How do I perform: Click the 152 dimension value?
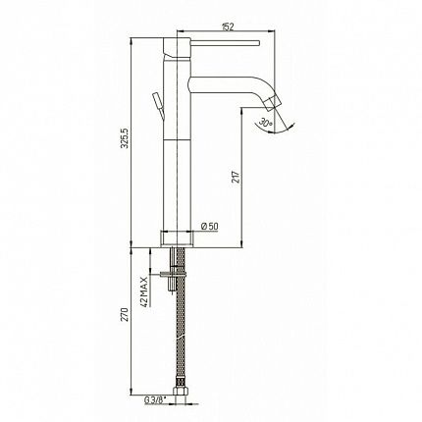[228, 26]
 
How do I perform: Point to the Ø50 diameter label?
[210, 226]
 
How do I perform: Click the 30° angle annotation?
[266, 124]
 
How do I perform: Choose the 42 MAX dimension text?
[144, 291]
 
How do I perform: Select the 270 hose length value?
[125, 314]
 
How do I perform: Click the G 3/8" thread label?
[155, 399]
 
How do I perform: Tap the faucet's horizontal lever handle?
[225, 43]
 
